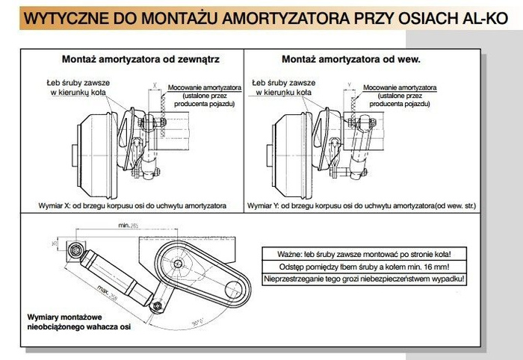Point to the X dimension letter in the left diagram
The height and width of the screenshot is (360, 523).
click(154, 85)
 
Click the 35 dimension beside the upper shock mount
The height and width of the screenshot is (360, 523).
click(54, 243)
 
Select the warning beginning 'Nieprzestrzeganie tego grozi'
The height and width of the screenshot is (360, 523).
click(364, 279)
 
